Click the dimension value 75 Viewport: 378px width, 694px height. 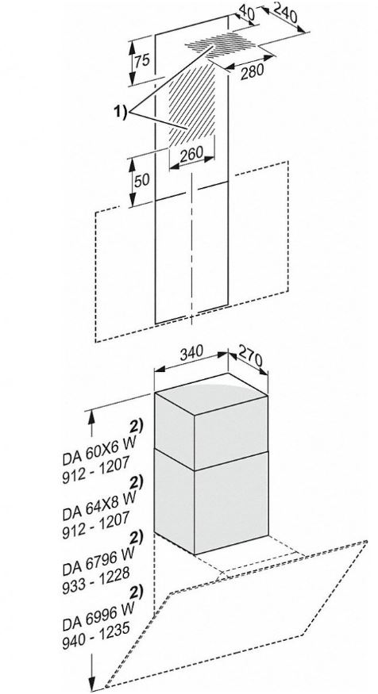point(142,59)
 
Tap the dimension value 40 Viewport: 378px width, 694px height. point(246,13)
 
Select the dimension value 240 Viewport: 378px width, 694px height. point(285,13)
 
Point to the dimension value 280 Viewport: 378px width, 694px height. point(252,71)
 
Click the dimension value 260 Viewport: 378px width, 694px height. point(192,153)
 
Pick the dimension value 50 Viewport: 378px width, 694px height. point(142,180)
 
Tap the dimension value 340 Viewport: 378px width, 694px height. point(191,353)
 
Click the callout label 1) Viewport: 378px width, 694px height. point(120,112)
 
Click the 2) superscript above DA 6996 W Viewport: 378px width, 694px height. point(135,592)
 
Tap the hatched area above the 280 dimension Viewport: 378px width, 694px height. point(221,45)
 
